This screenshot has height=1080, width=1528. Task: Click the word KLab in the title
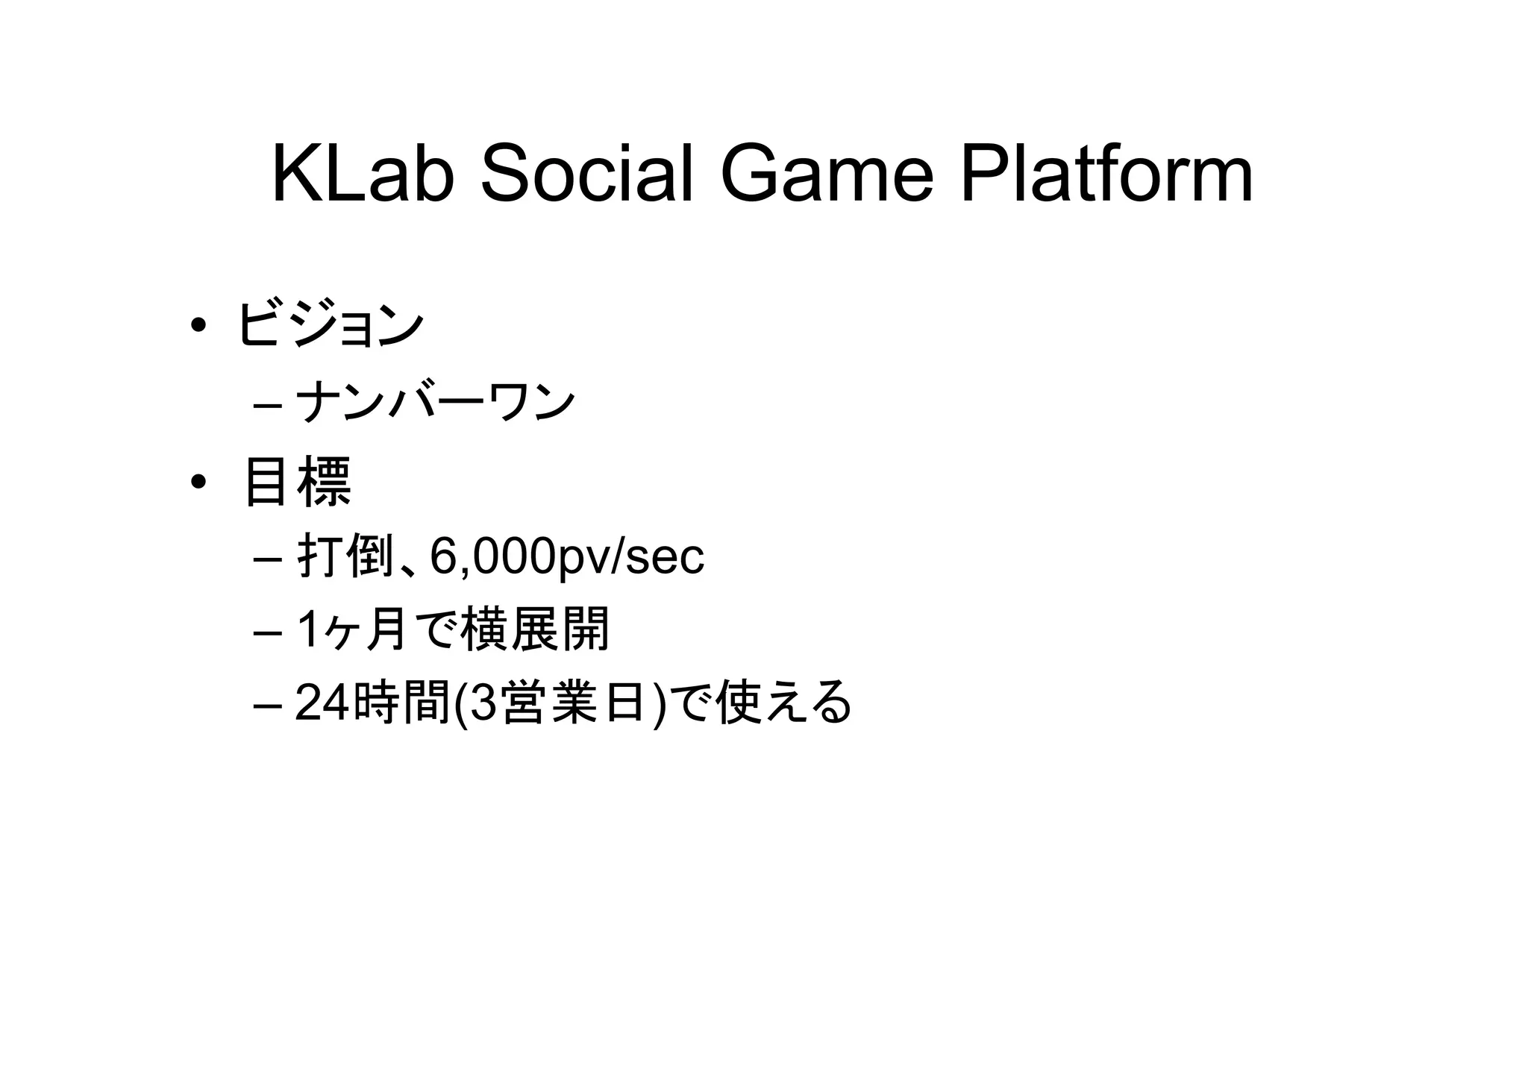(x=363, y=175)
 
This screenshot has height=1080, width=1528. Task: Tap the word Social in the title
(x=586, y=175)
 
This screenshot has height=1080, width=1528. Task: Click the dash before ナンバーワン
(x=267, y=406)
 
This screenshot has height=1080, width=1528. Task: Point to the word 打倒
(x=345, y=556)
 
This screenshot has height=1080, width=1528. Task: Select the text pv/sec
(x=630, y=556)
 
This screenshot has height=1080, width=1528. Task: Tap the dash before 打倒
(x=267, y=559)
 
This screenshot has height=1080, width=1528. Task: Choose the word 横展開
(x=535, y=630)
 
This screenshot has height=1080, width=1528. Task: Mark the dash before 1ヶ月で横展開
(x=267, y=633)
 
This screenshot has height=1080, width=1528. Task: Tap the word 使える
(x=783, y=703)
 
